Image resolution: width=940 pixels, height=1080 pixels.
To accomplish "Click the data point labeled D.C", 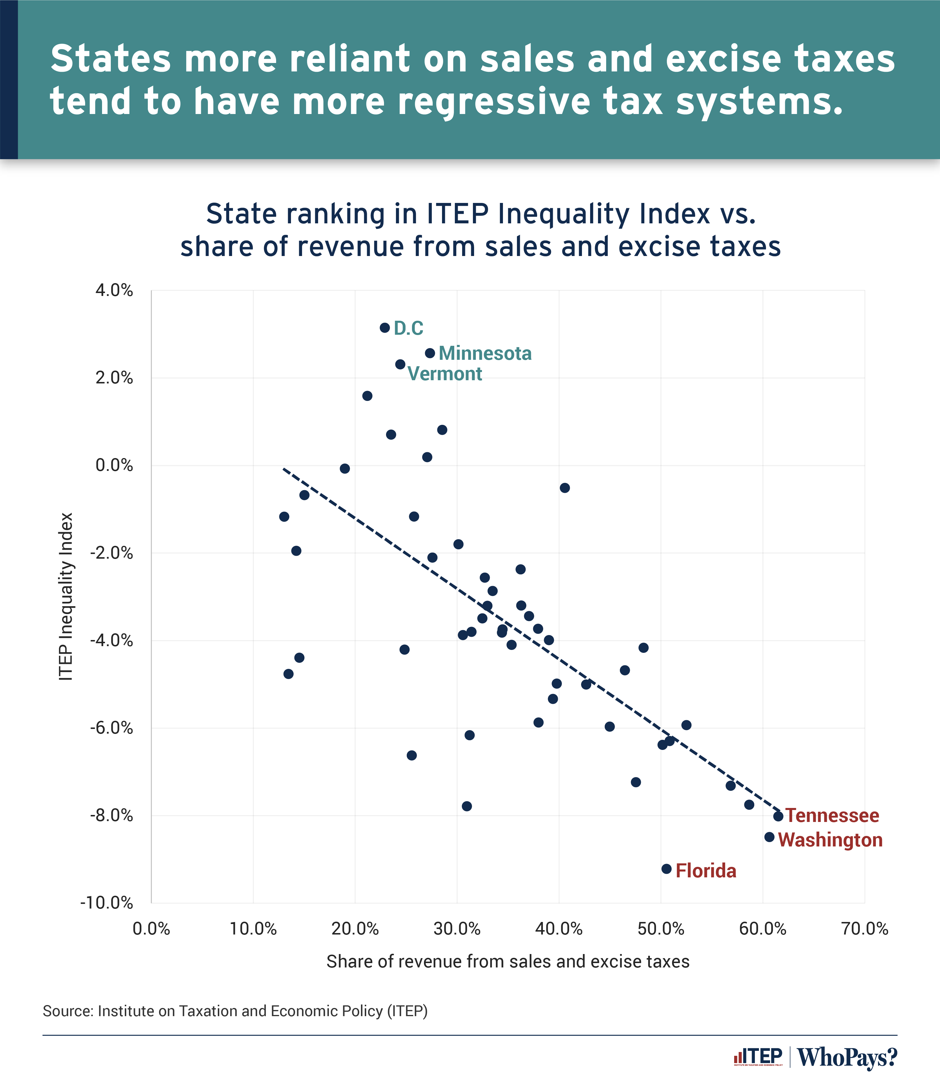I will tap(385, 328).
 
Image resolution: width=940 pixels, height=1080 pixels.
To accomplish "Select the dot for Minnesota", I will tap(429, 353).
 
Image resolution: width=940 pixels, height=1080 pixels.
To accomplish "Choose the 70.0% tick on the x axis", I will tap(864, 929).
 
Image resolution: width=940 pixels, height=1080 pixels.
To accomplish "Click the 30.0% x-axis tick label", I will tap(457, 929).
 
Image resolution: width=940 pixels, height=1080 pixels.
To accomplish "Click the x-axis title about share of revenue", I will tap(508, 961).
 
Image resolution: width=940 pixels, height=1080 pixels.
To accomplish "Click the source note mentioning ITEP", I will tap(235, 1011).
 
